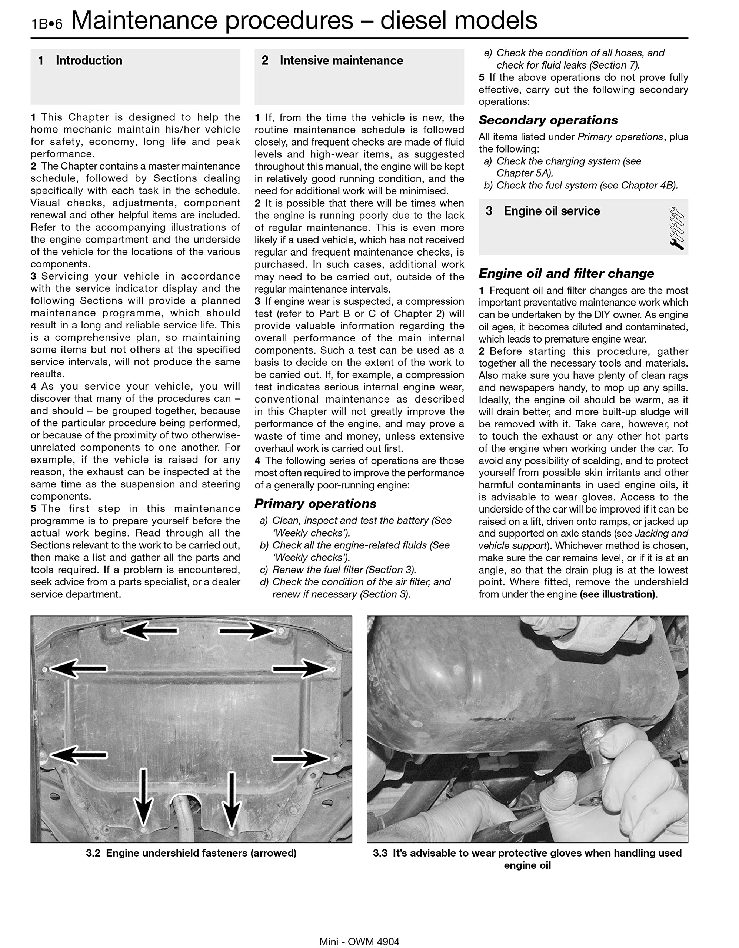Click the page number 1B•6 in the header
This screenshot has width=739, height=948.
(x=46, y=23)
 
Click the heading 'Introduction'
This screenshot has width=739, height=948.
(x=89, y=61)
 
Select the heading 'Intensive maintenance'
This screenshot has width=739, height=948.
(x=341, y=61)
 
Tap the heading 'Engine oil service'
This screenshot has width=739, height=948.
(x=552, y=211)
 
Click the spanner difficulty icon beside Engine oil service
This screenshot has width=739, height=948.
(x=676, y=228)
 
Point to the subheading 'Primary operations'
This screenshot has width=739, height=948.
(x=315, y=504)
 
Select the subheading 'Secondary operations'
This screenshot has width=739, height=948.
(x=548, y=120)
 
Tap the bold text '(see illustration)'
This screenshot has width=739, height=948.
(x=618, y=594)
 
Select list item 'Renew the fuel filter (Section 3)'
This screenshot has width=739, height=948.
(x=343, y=570)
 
